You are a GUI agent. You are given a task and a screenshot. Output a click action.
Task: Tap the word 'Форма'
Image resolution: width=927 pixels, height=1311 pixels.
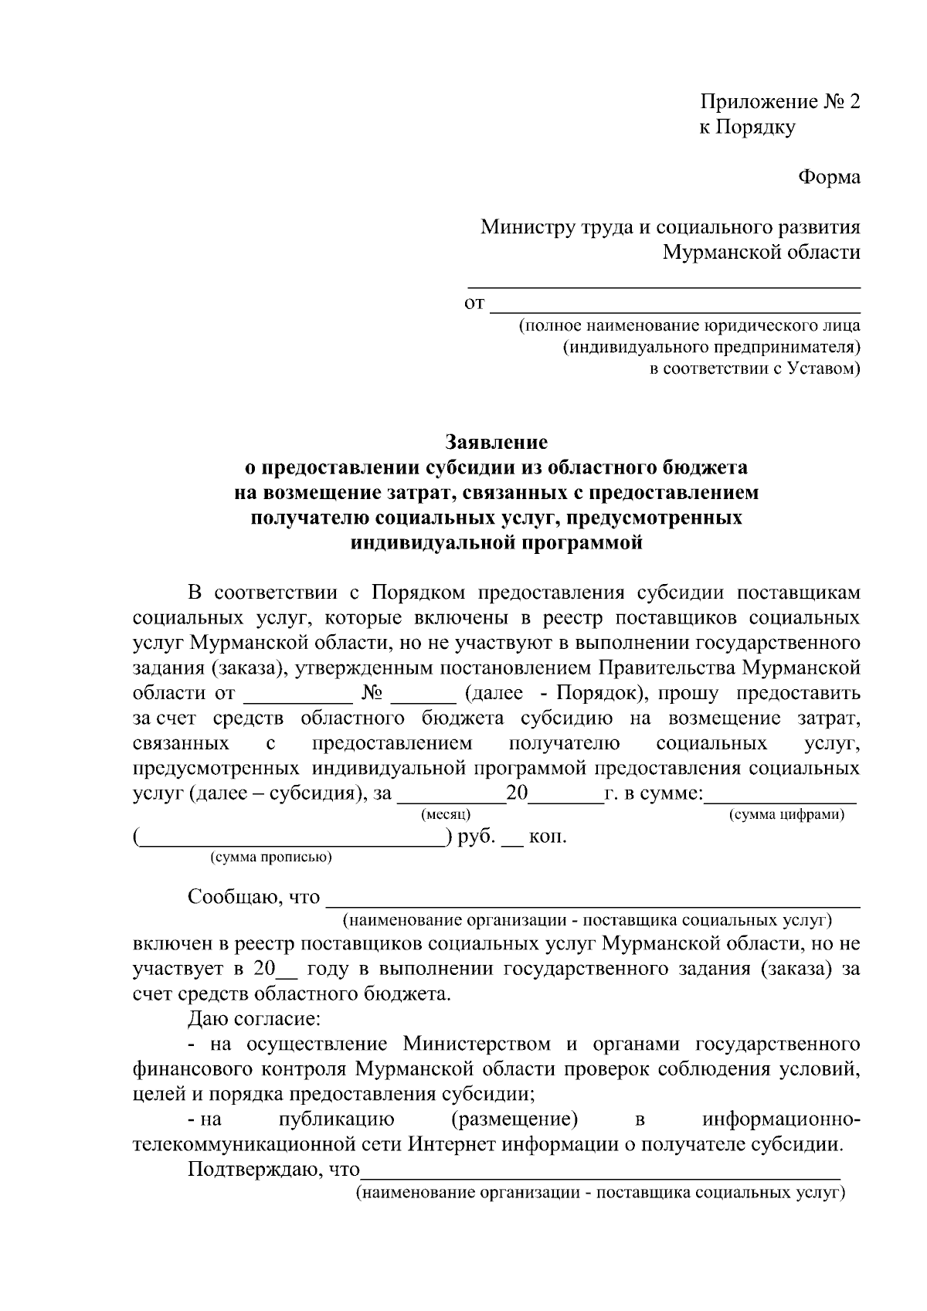(x=828, y=178)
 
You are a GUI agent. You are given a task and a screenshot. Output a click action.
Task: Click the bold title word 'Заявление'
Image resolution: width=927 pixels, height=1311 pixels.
(x=496, y=442)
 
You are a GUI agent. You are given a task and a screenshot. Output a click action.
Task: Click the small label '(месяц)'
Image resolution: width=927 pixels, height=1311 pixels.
(x=446, y=814)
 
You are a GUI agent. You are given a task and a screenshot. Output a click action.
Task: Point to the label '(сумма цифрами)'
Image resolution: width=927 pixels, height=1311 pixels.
(x=786, y=814)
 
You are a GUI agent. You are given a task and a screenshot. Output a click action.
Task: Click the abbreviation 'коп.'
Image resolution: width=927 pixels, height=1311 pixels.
(x=547, y=837)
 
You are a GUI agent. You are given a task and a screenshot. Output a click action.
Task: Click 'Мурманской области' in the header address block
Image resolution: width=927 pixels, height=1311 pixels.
(x=762, y=253)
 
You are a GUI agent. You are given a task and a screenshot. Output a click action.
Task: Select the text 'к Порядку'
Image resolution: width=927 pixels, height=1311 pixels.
(x=747, y=127)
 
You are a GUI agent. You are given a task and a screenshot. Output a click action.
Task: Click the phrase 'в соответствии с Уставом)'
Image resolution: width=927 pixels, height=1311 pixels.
(x=754, y=369)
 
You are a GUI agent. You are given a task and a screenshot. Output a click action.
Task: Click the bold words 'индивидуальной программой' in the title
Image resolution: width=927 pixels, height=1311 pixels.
(x=496, y=543)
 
